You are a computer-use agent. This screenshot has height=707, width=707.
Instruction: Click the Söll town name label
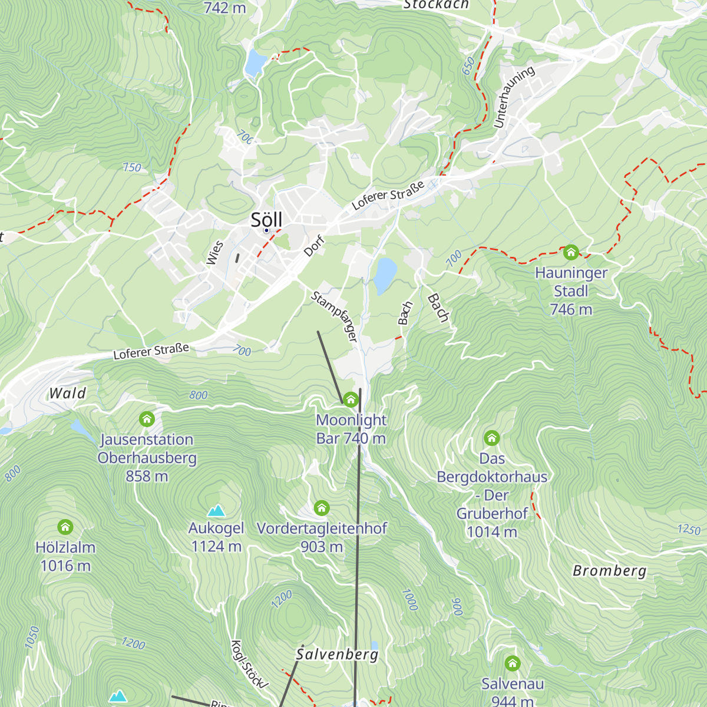click(x=266, y=219)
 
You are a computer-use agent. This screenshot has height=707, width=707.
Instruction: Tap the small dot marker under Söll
click(x=266, y=230)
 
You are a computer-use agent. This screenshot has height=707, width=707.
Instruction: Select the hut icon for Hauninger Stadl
click(x=570, y=253)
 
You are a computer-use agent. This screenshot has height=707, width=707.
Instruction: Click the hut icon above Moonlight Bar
click(x=351, y=400)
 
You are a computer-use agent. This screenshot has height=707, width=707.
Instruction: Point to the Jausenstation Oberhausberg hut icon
click(x=147, y=419)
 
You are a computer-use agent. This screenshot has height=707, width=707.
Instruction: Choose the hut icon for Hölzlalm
click(x=65, y=527)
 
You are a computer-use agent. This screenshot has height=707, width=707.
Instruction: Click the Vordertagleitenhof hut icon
click(x=321, y=508)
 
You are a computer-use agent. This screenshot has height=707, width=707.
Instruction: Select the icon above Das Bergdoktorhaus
click(x=491, y=438)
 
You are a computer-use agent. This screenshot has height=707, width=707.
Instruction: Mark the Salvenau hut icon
click(x=512, y=664)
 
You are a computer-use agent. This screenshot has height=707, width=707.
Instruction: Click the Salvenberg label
click(x=337, y=654)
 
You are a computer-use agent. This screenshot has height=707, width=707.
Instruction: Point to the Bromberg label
click(x=609, y=570)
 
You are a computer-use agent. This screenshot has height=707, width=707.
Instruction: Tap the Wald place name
click(x=67, y=393)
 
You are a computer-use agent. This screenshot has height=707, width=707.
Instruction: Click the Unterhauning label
click(x=514, y=97)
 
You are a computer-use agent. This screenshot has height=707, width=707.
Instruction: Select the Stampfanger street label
click(x=334, y=316)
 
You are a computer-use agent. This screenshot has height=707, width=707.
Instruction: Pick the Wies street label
click(x=215, y=253)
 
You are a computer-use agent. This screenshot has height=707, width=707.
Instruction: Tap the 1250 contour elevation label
click(x=688, y=528)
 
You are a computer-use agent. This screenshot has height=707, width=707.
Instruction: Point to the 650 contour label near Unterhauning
click(x=468, y=67)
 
